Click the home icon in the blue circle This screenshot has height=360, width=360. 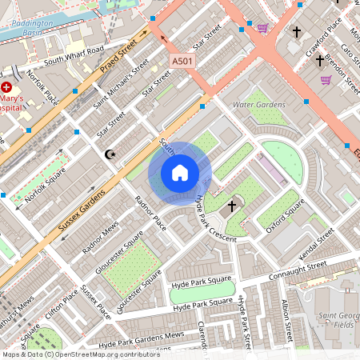tap(180, 173)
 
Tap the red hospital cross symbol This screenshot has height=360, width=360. tap(7, 86)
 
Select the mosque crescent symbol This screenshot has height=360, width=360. tap(110, 154)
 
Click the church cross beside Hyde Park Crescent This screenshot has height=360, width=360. tap(232, 206)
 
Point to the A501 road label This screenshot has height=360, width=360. tap(182, 60)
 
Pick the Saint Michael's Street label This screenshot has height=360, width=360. tap(121, 83)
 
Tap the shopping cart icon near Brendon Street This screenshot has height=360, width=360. tap(326, 80)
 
